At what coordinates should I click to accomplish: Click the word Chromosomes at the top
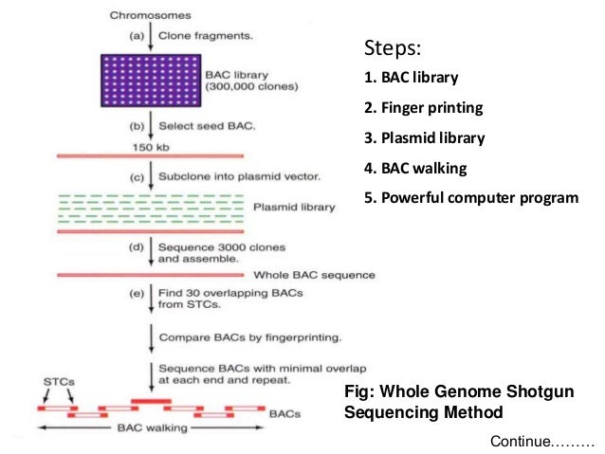click(x=150, y=15)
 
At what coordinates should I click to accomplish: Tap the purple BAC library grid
click(x=151, y=81)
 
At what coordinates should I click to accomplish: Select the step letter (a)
click(x=137, y=36)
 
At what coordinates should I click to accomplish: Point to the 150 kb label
click(x=151, y=147)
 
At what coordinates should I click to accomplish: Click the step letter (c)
click(x=137, y=177)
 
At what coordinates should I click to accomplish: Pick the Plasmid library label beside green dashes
click(x=294, y=208)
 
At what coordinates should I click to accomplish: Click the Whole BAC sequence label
click(x=314, y=275)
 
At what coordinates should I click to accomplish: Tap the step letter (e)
click(x=137, y=294)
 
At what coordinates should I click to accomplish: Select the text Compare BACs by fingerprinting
click(x=250, y=337)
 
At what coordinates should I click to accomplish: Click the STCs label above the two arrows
click(x=59, y=382)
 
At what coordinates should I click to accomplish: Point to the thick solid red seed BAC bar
click(x=151, y=401)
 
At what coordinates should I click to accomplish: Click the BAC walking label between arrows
click(x=153, y=427)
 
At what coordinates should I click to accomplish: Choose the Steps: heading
click(x=393, y=48)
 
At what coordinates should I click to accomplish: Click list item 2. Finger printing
click(x=423, y=108)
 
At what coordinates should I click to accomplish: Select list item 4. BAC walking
click(x=415, y=168)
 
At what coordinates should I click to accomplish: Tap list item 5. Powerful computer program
click(x=471, y=198)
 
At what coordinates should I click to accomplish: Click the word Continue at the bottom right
click(x=521, y=442)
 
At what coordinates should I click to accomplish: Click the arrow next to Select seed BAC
click(x=151, y=125)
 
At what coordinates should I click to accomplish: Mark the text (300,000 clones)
click(x=251, y=86)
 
